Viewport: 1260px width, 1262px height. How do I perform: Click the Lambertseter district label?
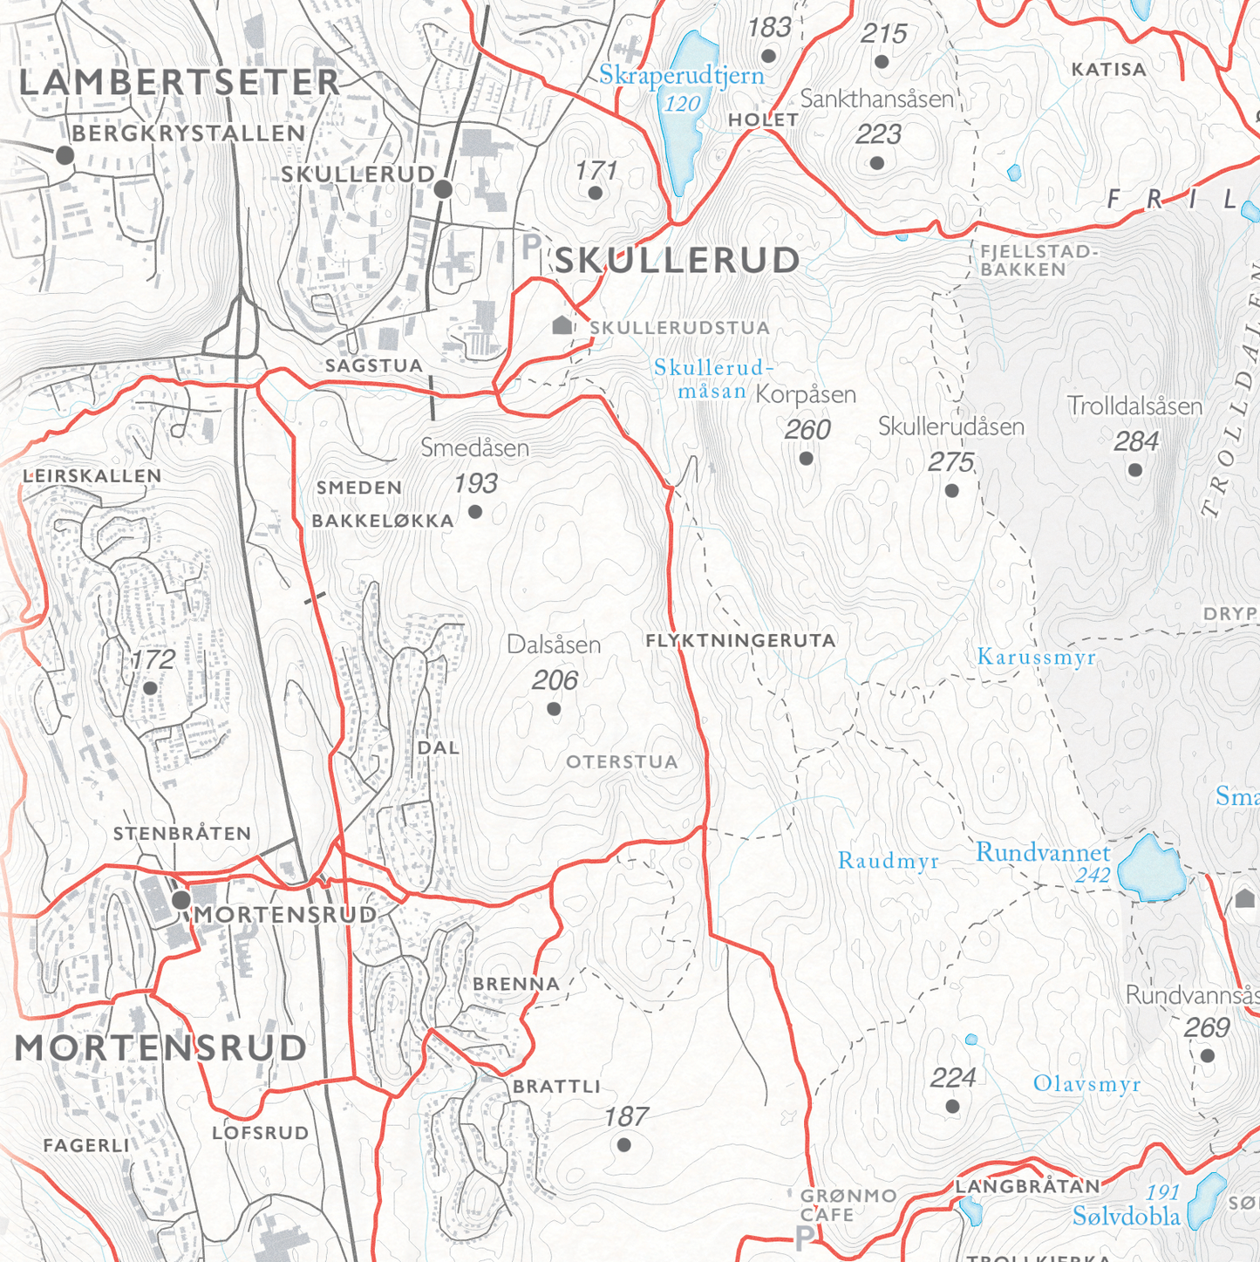tap(179, 83)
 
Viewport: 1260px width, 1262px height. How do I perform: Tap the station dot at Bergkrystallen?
tap(65, 156)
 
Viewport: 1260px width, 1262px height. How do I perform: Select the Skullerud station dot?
tap(443, 188)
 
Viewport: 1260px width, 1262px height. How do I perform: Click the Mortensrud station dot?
tap(181, 900)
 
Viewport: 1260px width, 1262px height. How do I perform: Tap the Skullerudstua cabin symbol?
tap(562, 325)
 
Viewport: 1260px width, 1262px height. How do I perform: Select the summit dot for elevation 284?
tap(1134, 470)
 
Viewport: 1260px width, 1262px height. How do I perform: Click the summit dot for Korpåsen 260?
tap(806, 458)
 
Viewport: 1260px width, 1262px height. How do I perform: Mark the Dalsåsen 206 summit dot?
tap(554, 709)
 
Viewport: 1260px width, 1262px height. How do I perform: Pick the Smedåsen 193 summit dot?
tap(475, 511)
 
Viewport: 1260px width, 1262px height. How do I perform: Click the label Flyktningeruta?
tap(740, 641)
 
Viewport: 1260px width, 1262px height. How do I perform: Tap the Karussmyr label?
tap(1036, 657)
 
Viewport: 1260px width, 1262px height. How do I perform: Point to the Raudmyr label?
tap(888, 862)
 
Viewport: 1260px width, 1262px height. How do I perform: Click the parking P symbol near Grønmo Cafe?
tap(804, 1236)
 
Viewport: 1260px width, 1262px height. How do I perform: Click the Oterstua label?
tap(622, 762)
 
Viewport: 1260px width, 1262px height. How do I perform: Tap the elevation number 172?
tap(153, 660)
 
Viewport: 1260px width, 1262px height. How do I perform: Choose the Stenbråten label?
tap(182, 834)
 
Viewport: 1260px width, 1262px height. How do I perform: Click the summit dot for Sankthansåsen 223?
tap(877, 163)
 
